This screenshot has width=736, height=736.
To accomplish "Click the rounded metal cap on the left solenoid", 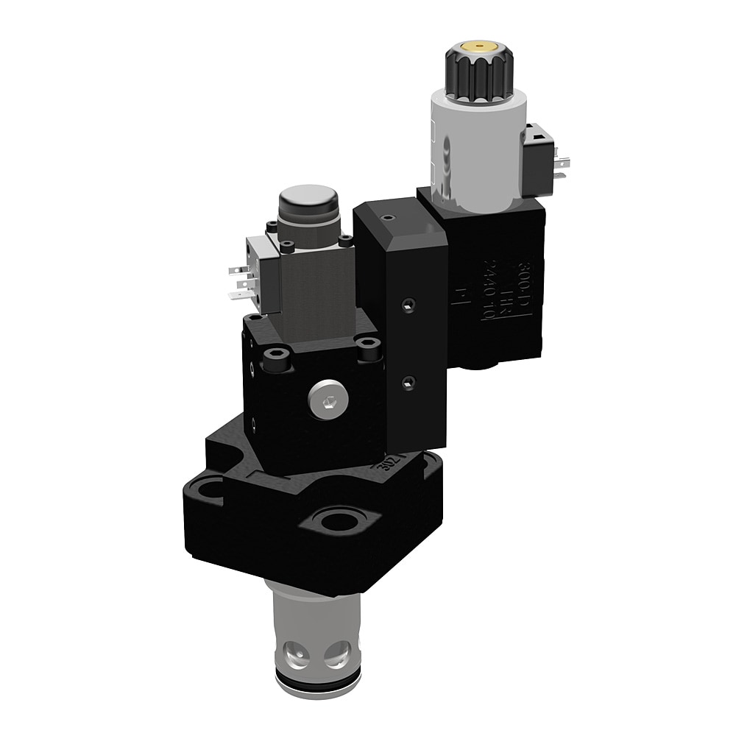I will click(x=307, y=202).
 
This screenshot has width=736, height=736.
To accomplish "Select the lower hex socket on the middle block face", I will click(x=409, y=380).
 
